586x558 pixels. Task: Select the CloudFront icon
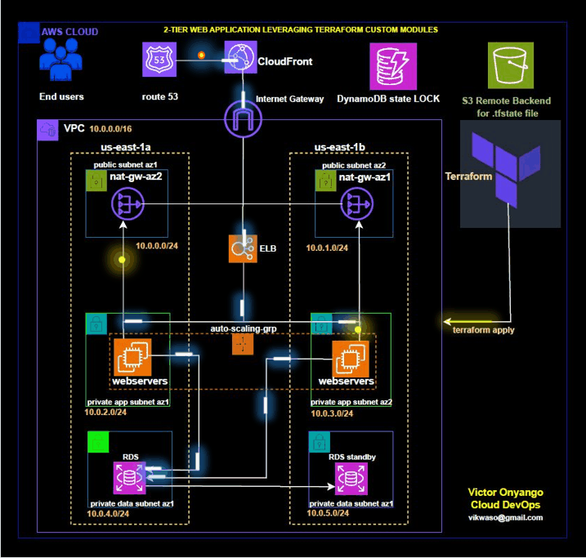tap(240, 60)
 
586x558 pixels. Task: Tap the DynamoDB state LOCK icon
tap(387, 64)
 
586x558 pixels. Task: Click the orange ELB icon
tap(244, 248)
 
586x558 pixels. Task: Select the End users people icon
tap(61, 65)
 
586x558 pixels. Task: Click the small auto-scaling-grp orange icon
tap(243, 344)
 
